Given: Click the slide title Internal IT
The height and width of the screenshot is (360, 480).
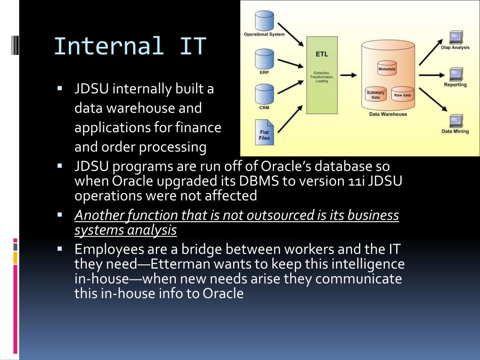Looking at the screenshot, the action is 130,46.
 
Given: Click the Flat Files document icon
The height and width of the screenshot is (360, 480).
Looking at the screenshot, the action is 264,132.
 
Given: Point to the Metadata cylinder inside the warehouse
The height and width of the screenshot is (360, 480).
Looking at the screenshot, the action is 387,68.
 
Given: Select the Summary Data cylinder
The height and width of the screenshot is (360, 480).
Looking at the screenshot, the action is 375,94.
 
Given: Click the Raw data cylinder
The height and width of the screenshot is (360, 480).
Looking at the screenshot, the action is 403,94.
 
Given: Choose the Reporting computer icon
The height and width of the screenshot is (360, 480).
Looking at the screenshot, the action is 455,75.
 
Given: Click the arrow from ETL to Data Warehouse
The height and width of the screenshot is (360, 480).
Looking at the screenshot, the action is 348,75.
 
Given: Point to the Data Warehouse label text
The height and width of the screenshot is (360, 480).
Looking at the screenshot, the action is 388,114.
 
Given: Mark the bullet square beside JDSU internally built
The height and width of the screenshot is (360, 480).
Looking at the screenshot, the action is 60,88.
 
